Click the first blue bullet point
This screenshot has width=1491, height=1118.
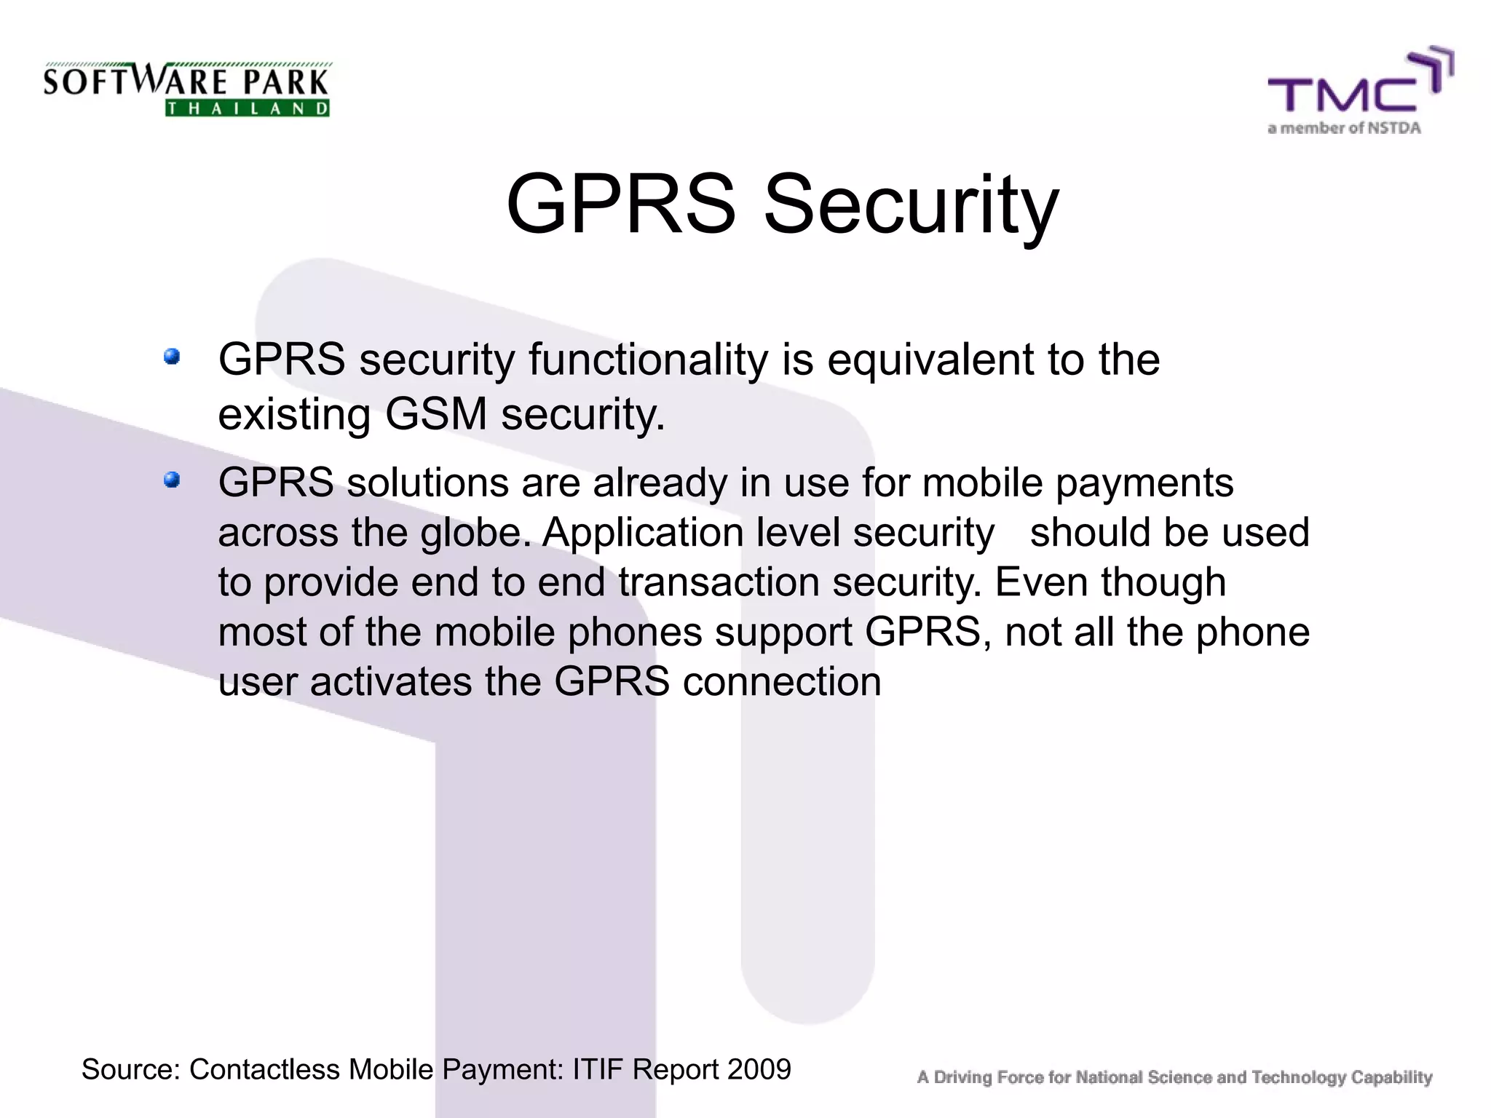172,357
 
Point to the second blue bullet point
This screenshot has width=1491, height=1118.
172,480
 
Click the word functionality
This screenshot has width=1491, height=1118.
648,360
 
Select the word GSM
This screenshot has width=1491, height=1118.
435,415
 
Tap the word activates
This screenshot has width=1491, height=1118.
391,683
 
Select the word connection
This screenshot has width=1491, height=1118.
782,683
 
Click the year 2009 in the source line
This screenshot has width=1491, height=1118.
759,1069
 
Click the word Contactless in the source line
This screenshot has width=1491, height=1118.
264,1069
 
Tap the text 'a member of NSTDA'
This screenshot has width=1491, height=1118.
1344,129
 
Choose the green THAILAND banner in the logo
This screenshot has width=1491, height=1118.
248,109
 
